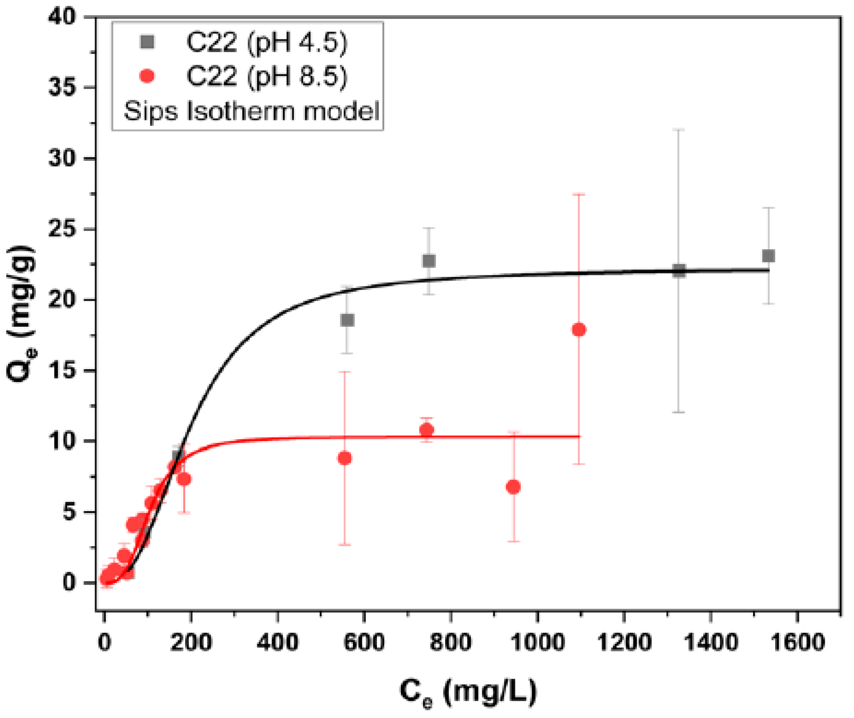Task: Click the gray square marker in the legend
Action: click(x=147, y=42)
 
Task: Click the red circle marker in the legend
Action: click(x=147, y=76)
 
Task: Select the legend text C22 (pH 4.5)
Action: click(x=266, y=42)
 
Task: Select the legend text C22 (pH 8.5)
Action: click(x=266, y=76)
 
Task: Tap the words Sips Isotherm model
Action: click(x=251, y=111)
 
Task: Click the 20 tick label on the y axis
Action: click(x=62, y=300)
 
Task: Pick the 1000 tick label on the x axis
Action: click(x=537, y=642)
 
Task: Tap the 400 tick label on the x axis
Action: click(x=277, y=642)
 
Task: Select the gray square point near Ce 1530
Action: click(x=768, y=256)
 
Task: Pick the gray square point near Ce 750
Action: click(x=428, y=261)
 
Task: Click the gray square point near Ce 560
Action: click(x=347, y=320)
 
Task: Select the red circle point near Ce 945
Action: click(x=513, y=487)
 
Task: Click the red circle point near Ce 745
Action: click(x=427, y=430)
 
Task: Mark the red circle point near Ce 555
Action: click(x=345, y=458)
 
